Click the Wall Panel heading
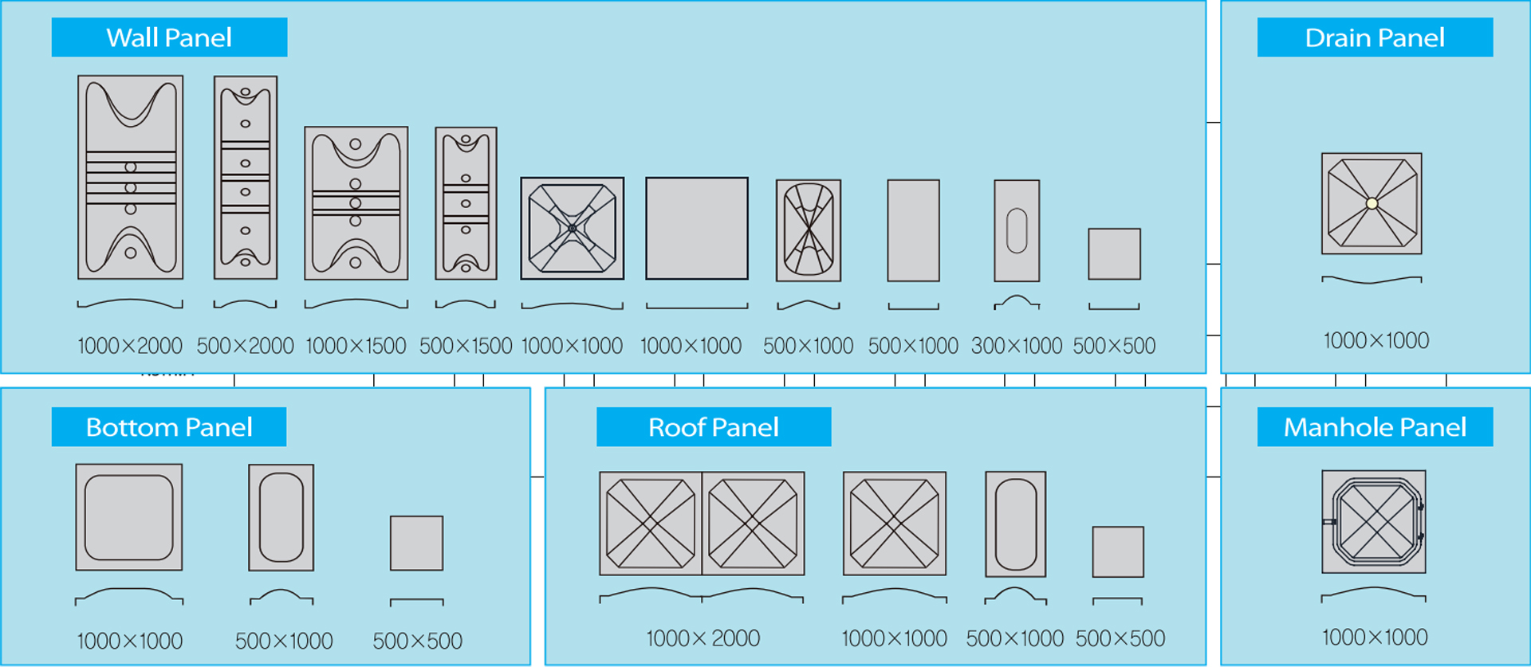point(169,37)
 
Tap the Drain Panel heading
point(1375,37)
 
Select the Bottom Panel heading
point(169,427)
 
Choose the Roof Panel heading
point(714,427)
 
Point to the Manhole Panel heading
point(1375,427)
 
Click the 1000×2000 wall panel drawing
point(131,177)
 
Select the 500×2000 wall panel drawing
point(246,177)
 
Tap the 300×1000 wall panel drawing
point(1017,230)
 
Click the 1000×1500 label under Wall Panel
point(356,346)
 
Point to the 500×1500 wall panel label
point(466,346)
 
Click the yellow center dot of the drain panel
point(1372,203)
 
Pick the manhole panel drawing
point(1374,521)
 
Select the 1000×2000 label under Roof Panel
point(703,638)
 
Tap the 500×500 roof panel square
point(1118,551)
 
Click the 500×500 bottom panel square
point(416,543)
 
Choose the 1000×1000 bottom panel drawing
point(129,517)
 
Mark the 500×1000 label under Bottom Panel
point(284,641)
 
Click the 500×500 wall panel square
point(1114,254)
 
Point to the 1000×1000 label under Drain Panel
point(1376,341)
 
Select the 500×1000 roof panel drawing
point(1016,524)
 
